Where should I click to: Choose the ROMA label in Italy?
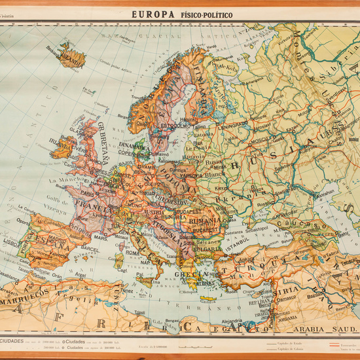pyautogui.click(x=133, y=251)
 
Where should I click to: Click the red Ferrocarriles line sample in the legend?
pyautogui.click(x=344, y=342)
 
